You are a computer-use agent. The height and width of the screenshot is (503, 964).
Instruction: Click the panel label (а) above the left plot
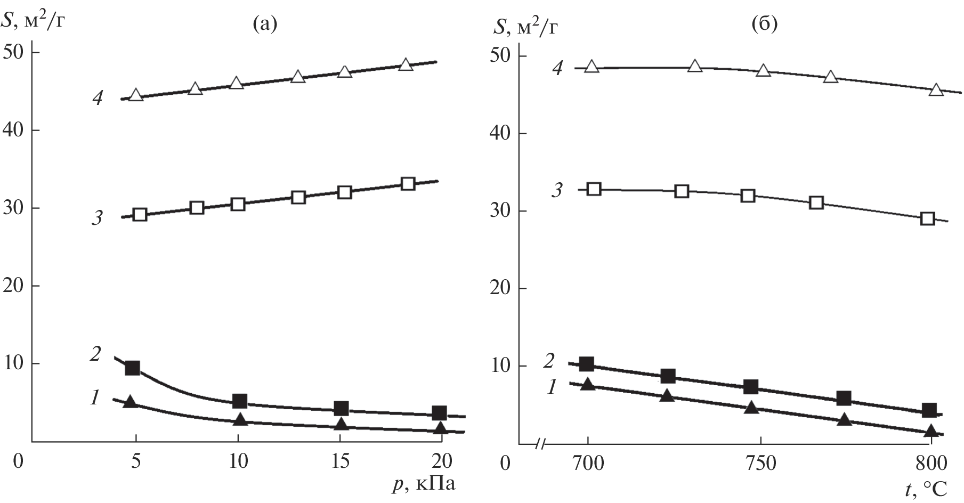(265, 25)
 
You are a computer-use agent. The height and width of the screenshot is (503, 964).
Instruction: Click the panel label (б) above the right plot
(764, 25)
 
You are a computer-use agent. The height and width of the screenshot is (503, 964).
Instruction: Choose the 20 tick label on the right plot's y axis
(500, 289)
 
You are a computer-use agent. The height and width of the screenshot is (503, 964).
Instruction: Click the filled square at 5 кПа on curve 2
(132, 368)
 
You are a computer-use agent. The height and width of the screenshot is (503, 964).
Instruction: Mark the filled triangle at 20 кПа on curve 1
(440, 428)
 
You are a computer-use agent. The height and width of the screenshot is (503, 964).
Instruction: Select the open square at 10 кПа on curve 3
(238, 204)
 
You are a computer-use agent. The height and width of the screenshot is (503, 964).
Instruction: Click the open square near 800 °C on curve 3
(928, 218)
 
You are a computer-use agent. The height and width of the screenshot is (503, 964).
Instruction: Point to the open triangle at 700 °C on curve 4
(592, 67)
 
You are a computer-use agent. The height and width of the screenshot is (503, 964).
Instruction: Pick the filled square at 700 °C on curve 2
(587, 364)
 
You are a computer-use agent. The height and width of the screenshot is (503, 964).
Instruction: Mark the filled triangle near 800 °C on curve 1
(931, 431)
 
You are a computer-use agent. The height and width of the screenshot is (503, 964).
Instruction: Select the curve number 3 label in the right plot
(556, 190)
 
